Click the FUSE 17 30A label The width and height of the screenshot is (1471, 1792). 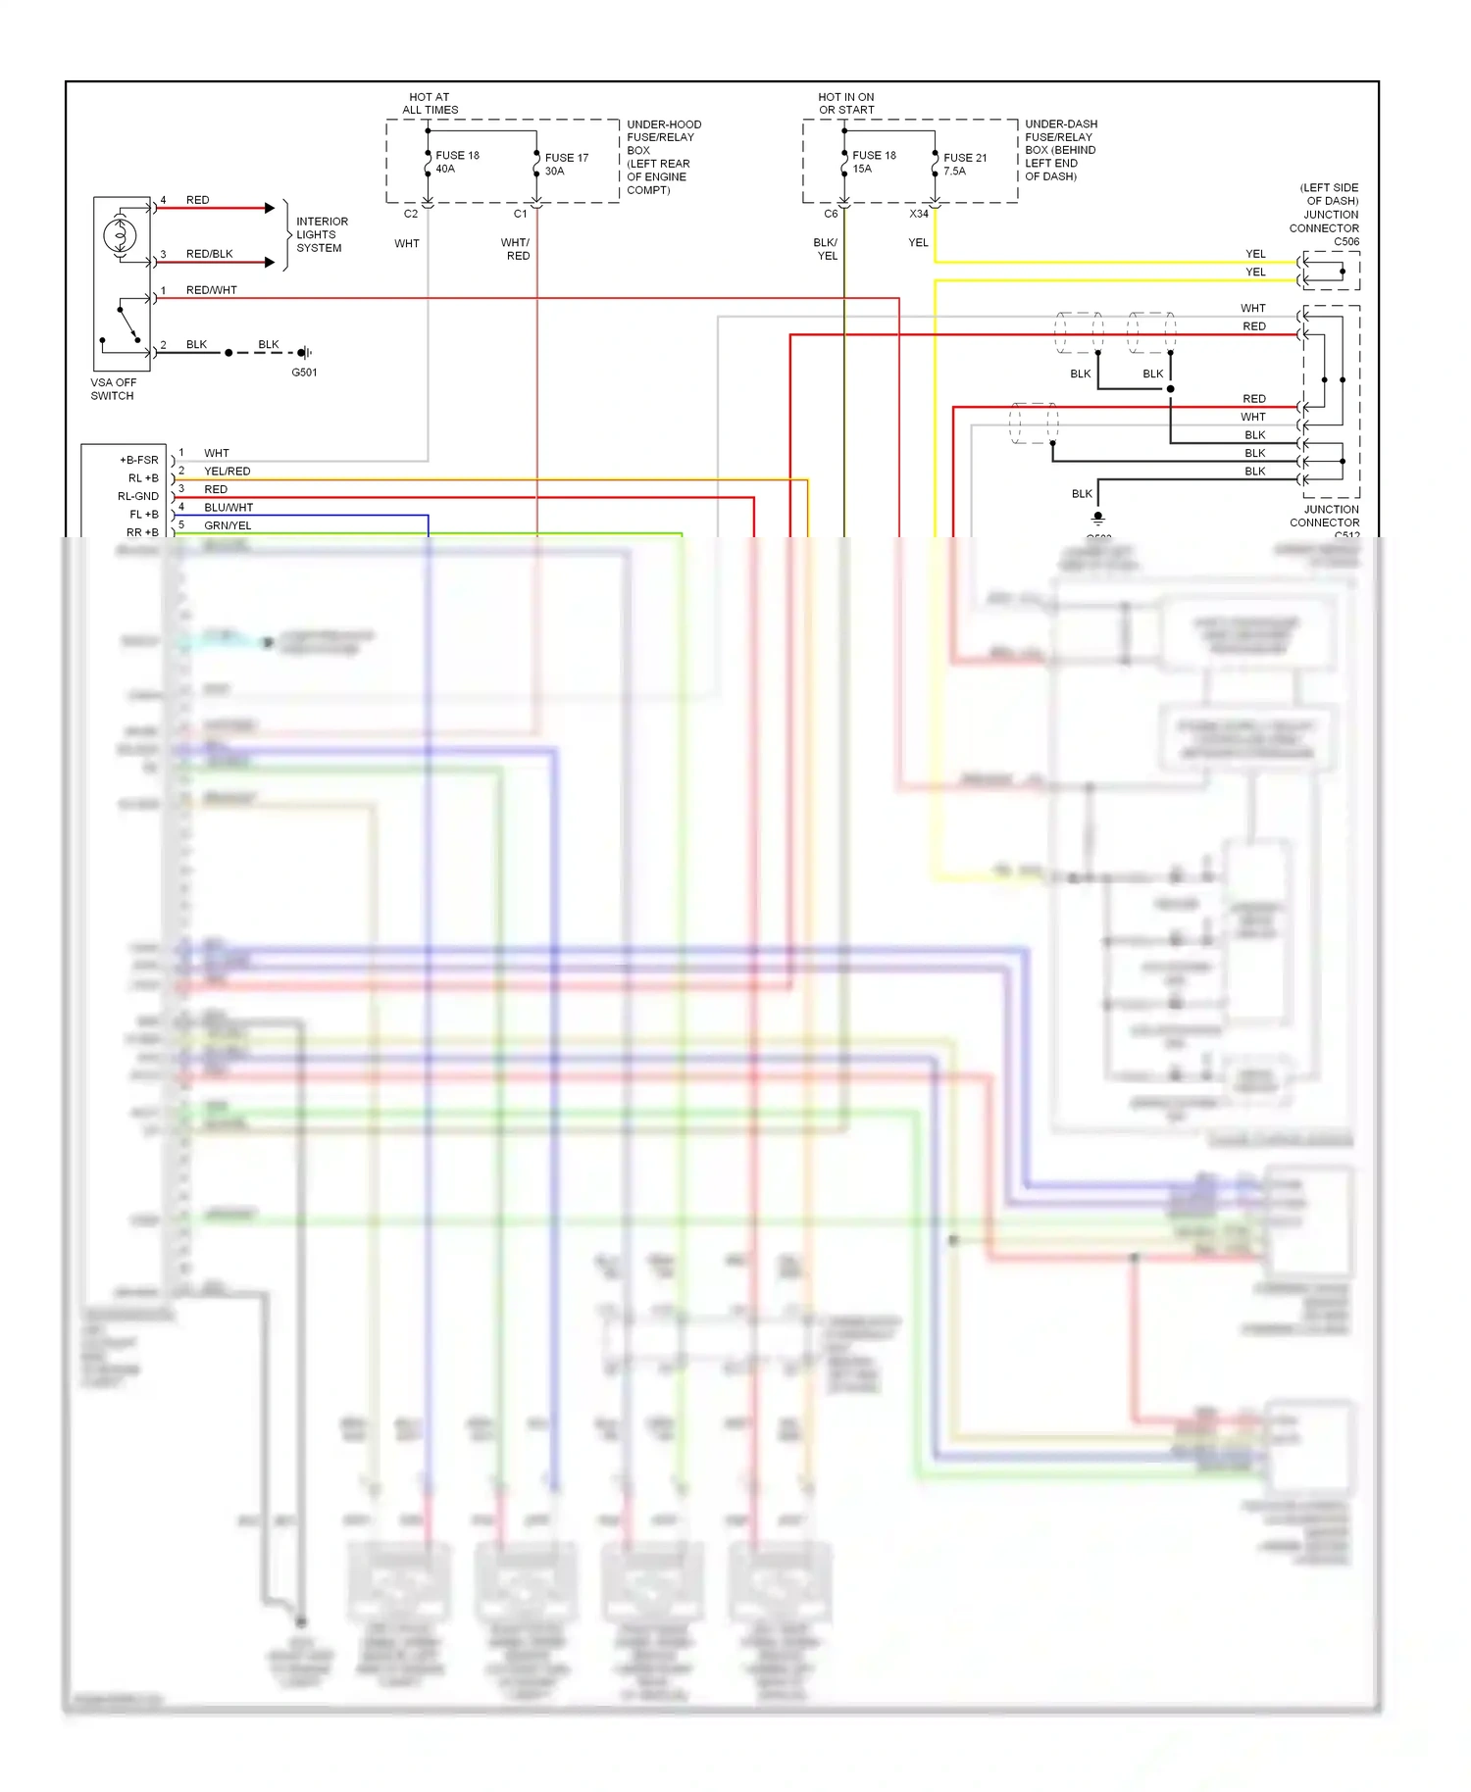coord(566,164)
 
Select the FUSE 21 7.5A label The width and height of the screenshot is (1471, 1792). coord(964,164)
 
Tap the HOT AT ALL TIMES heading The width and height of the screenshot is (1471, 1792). coord(430,103)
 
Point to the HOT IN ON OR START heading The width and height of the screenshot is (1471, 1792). coord(845,103)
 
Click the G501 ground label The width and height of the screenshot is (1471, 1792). coord(304,373)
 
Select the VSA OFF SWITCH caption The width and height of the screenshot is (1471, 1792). coord(113,389)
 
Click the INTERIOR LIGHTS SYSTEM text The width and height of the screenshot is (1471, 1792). coord(322,234)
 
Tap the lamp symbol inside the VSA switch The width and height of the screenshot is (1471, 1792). coord(120,234)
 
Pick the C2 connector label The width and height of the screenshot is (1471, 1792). coord(411,214)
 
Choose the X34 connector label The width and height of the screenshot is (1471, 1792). coord(918,214)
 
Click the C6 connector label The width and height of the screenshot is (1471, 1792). coord(831,214)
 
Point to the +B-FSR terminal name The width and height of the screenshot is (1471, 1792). coord(138,460)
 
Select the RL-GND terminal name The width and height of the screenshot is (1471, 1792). coord(137,496)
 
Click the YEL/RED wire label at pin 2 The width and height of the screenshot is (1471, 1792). coord(227,472)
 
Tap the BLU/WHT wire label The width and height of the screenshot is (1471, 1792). coord(228,508)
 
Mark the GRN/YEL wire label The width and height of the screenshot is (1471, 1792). coord(228,525)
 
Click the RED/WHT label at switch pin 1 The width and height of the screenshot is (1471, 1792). coord(211,290)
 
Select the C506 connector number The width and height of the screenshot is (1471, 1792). coord(1345,241)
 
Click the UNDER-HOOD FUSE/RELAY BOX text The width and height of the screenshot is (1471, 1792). coord(663,157)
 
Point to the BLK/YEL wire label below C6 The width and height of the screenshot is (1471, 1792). coord(826,249)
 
